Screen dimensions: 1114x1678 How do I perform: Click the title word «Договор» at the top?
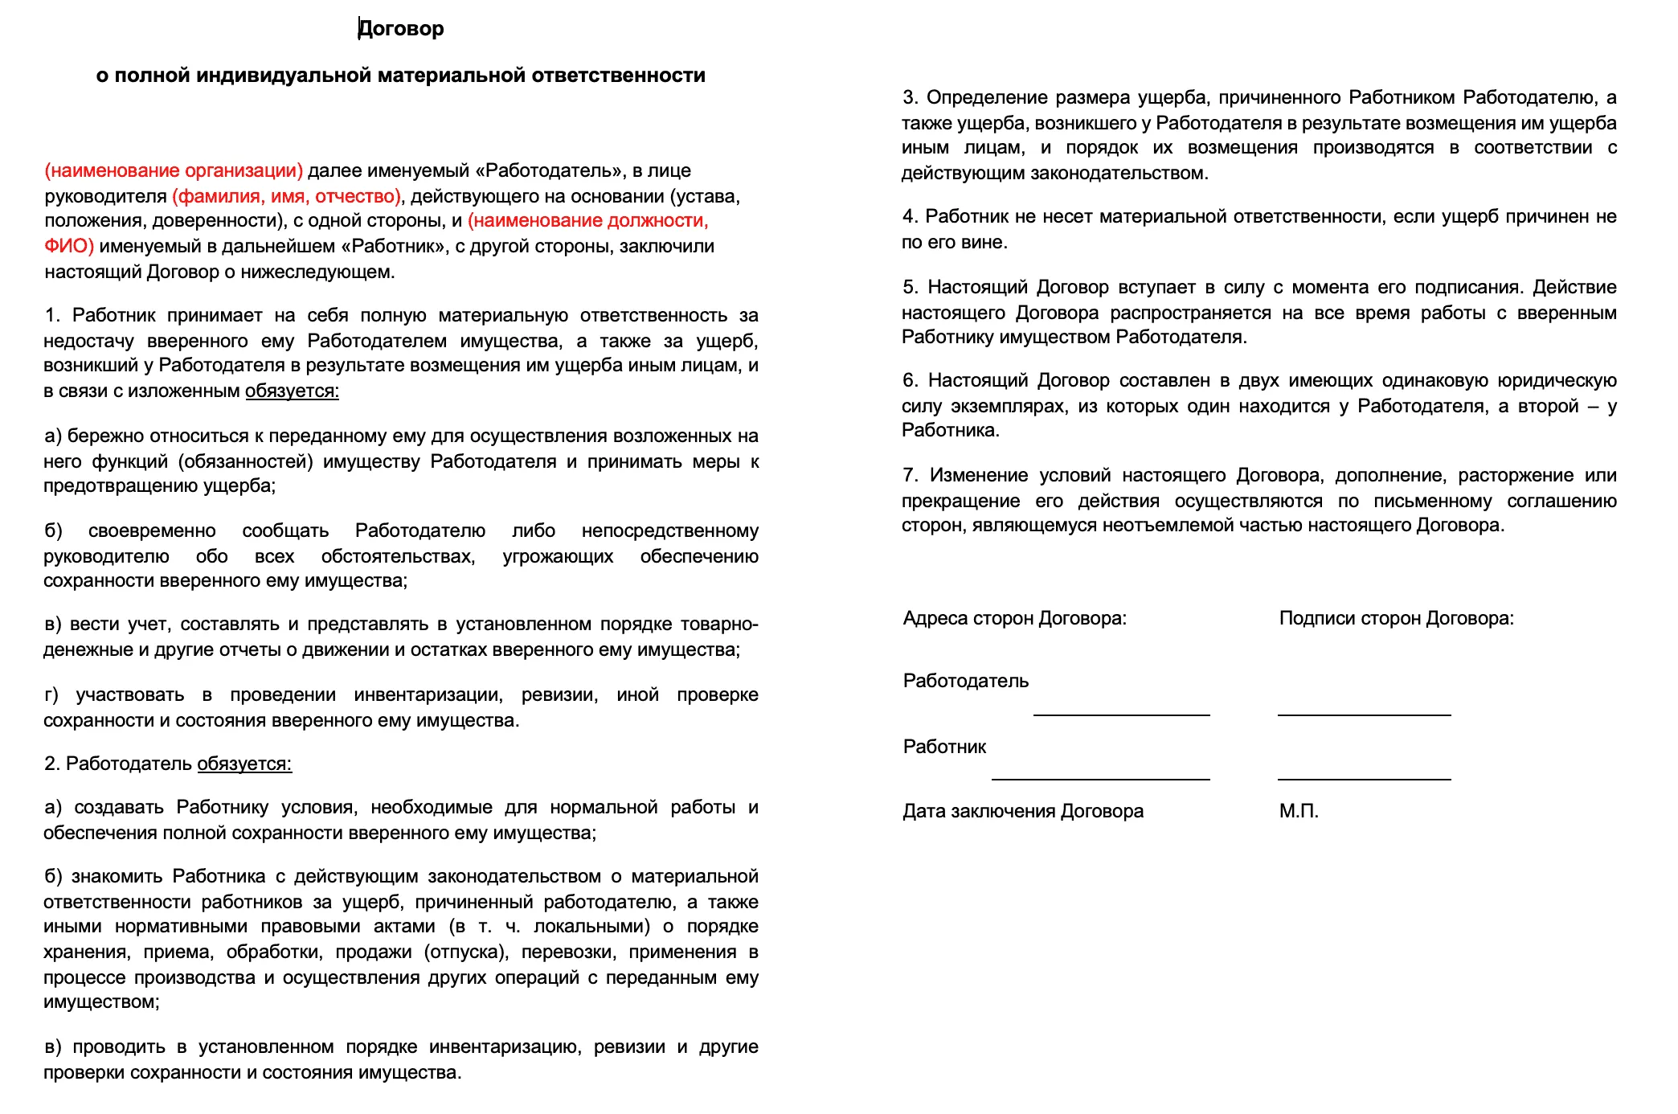[x=401, y=29]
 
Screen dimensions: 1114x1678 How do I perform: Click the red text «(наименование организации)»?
[x=174, y=170]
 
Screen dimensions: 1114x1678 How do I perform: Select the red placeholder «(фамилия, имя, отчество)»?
[x=287, y=196]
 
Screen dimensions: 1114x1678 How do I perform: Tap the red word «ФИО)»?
[x=69, y=246]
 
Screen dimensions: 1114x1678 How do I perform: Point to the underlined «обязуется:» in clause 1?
[x=292, y=391]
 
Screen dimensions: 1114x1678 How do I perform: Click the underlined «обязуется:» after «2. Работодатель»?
[x=244, y=764]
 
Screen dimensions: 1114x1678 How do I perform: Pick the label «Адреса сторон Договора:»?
[x=1014, y=618]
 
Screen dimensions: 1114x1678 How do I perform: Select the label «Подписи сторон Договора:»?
[x=1396, y=618]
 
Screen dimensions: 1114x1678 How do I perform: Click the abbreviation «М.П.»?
[x=1299, y=811]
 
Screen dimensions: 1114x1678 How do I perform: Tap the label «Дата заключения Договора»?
[x=1022, y=811]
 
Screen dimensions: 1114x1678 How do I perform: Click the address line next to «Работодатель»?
[x=1121, y=713]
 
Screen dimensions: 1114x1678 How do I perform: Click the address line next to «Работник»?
[x=1100, y=777]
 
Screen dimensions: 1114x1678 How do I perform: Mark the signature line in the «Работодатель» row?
[x=1364, y=713]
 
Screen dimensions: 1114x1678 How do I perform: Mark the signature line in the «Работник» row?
[x=1364, y=777]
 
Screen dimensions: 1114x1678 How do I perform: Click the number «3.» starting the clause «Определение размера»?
[x=910, y=98]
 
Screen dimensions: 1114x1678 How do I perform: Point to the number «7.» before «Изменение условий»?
[x=910, y=476]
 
